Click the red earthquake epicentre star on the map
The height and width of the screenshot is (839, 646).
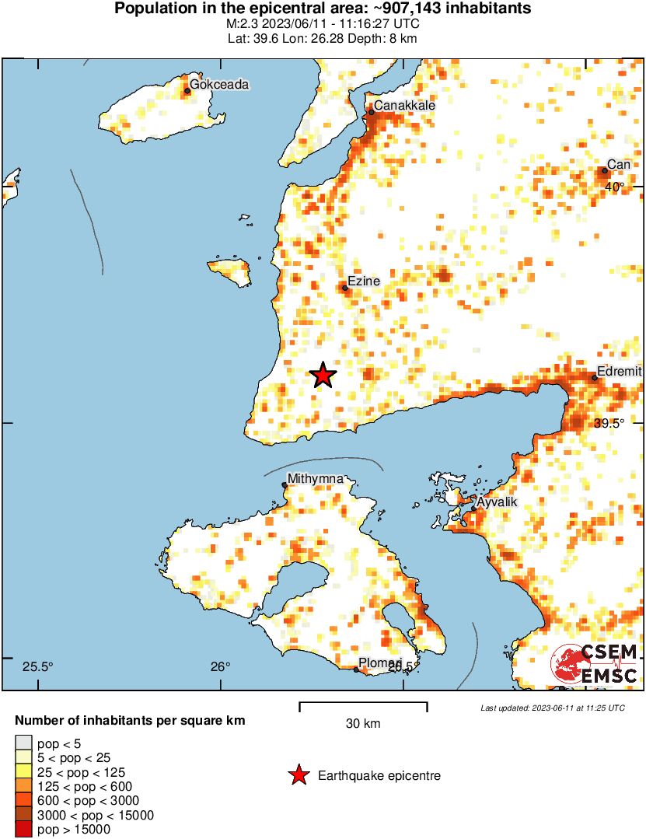[323, 376]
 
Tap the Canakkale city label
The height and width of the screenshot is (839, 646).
[404, 106]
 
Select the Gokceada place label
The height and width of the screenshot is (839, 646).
[219, 85]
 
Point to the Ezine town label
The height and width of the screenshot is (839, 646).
[363, 281]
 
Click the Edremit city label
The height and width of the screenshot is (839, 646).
[619, 371]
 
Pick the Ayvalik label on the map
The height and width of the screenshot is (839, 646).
[496, 502]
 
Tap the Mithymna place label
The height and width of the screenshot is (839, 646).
[315, 478]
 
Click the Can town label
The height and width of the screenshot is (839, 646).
[619, 164]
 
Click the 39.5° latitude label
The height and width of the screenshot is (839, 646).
[609, 424]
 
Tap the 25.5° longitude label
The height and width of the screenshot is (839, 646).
[37, 666]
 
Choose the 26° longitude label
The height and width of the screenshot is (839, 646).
[220, 666]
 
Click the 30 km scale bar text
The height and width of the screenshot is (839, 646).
[363, 724]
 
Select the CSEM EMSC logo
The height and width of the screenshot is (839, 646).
[595, 665]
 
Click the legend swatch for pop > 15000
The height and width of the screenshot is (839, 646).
[24, 829]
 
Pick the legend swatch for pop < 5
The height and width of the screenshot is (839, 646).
[24, 743]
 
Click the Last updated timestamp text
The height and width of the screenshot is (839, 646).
[552, 708]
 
